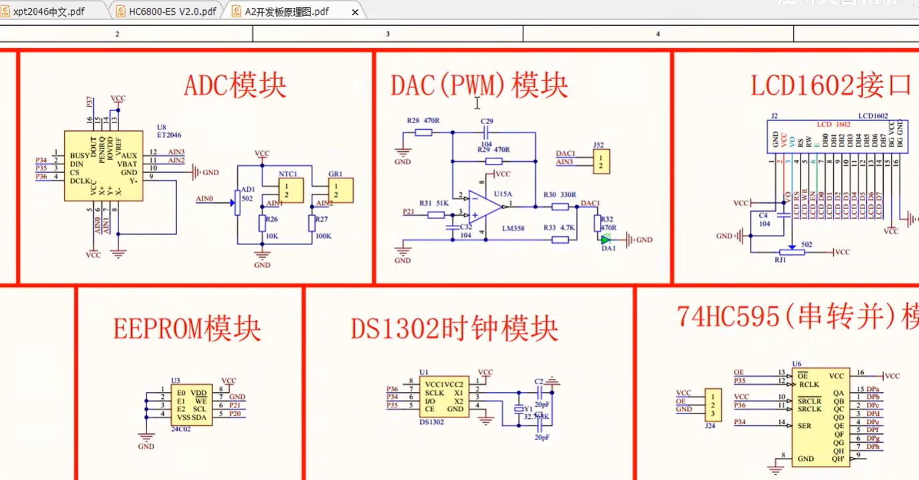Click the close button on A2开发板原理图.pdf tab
click(355, 12)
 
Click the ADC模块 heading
click(235, 87)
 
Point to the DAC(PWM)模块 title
click(479, 87)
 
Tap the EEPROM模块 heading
click(187, 329)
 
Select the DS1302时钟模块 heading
click(455, 329)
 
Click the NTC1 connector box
click(290, 190)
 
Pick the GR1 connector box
click(340, 190)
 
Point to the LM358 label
click(513, 228)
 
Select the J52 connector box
click(602, 162)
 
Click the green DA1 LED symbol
click(606, 239)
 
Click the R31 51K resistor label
click(434, 202)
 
